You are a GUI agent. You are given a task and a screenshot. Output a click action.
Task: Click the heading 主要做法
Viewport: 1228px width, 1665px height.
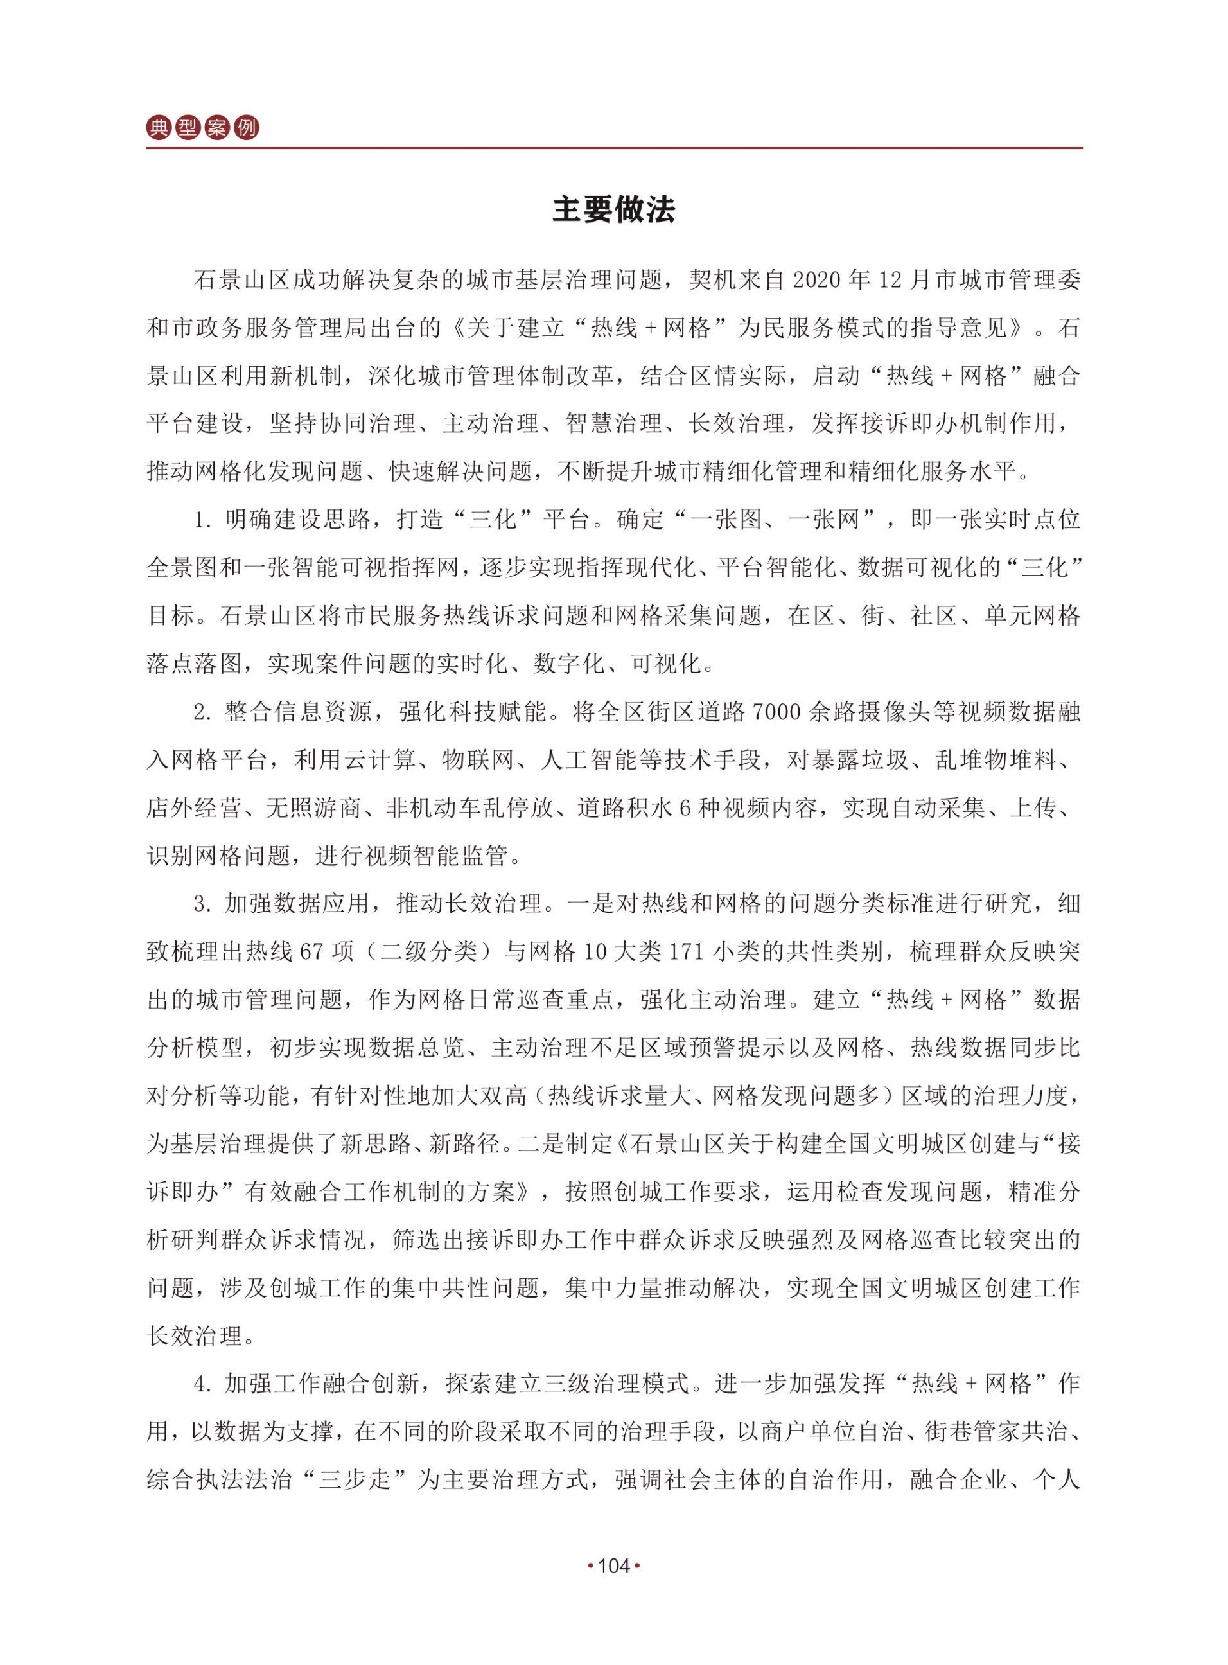(613, 210)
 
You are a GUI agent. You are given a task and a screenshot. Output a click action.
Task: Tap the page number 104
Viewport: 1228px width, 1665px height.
(614, 1566)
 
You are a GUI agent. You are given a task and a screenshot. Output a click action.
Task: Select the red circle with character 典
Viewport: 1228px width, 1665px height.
(159, 128)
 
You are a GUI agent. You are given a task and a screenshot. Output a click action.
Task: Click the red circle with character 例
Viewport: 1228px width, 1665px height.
(246, 128)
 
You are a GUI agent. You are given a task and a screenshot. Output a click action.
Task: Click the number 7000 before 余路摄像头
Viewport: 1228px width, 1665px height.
(776, 712)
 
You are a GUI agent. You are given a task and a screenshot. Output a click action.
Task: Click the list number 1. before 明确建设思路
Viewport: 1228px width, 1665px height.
(204, 520)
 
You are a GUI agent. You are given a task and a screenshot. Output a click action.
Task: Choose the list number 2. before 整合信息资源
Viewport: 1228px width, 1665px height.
(204, 712)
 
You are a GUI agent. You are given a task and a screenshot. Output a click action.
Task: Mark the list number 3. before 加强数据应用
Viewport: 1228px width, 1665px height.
(204, 904)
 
